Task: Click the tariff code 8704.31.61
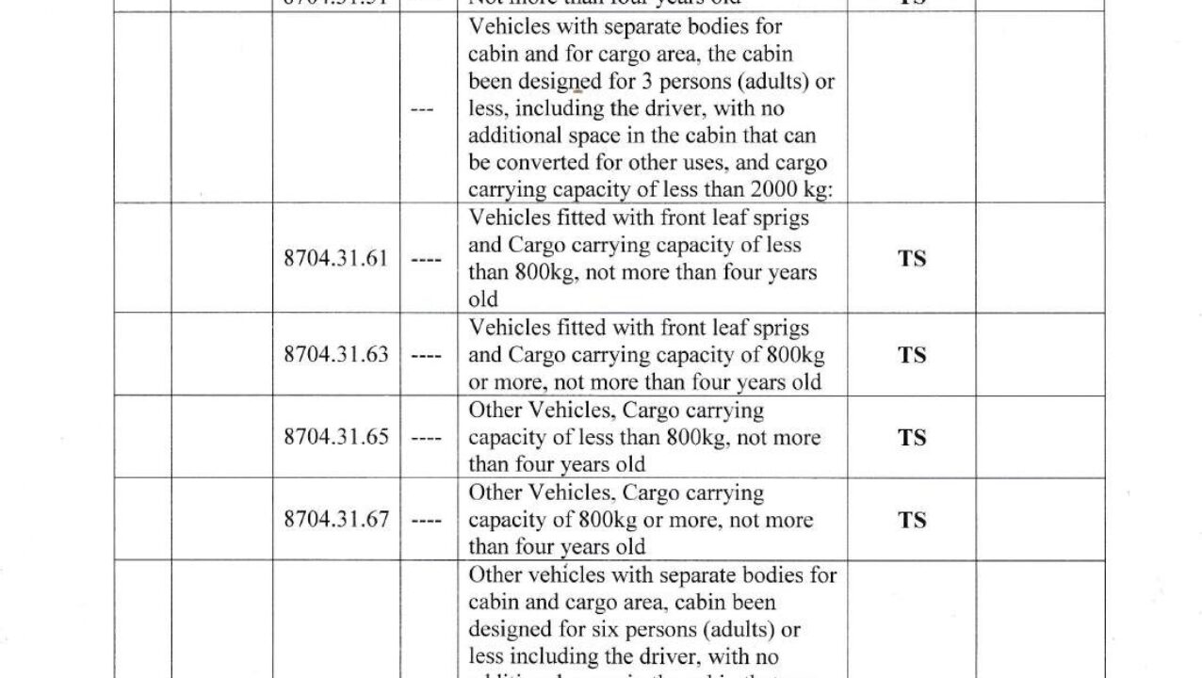tap(335, 258)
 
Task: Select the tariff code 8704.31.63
tap(335, 355)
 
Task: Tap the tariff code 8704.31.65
tap(335, 437)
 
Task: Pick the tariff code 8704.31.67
tap(335, 519)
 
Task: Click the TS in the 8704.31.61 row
tap(911, 258)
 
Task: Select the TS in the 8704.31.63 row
tap(911, 355)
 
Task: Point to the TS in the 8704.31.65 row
tap(911, 437)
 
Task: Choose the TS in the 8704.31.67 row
tap(911, 519)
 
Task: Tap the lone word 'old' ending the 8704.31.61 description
tap(482, 299)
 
